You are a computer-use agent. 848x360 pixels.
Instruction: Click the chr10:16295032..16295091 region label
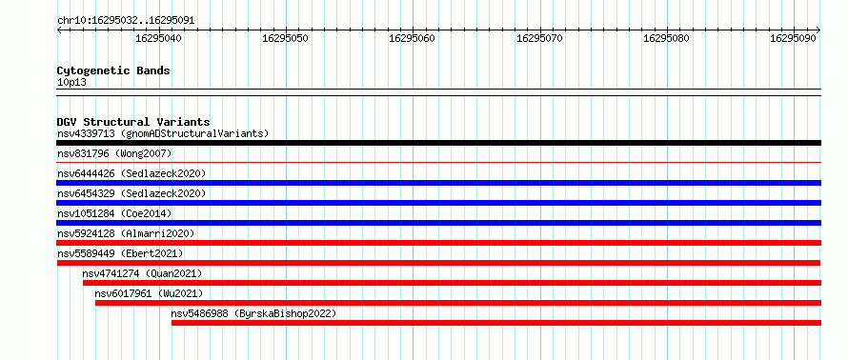coord(126,21)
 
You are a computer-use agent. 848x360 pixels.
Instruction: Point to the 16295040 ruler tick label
coord(158,38)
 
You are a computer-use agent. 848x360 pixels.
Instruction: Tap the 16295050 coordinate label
coord(286,38)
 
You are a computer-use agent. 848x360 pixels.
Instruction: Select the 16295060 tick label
coord(413,38)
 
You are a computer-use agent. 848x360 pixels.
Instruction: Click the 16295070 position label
coord(539,38)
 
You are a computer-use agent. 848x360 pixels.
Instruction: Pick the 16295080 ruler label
coord(667,38)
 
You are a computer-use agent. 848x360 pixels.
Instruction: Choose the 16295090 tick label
coord(794,38)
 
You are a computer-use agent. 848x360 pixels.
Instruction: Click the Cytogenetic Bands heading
coord(113,70)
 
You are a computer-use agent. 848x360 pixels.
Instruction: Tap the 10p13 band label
coord(71,83)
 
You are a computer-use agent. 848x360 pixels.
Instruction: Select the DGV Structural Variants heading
coord(133,122)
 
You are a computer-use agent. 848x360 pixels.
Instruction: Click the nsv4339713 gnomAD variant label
coord(163,133)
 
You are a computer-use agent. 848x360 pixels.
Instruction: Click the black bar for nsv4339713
coord(438,143)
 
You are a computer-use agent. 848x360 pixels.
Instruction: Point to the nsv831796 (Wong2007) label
coord(114,153)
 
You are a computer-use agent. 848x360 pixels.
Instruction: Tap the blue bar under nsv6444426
coord(438,183)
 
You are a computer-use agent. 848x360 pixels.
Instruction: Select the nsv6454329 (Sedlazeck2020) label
coord(131,193)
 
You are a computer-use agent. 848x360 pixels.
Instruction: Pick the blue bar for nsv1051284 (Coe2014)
coord(438,223)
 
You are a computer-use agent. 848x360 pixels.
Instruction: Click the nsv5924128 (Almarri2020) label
coord(126,233)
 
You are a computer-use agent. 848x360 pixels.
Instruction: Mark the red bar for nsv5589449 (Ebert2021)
coord(438,263)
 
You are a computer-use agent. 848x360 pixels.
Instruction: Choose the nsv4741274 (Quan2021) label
coord(142,273)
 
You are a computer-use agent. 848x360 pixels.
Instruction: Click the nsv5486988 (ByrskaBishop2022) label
coord(253,313)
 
